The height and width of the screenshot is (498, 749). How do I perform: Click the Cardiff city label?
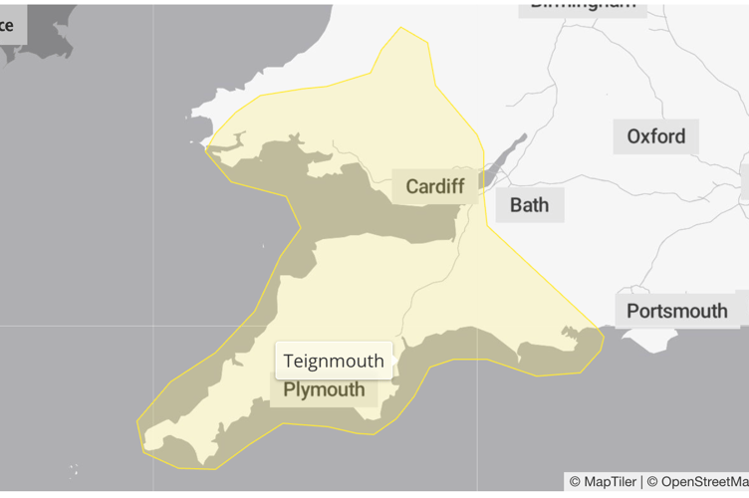tap(434, 186)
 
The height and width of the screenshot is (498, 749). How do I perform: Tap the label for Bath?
tap(529, 205)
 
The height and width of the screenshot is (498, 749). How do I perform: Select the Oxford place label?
tap(655, 135)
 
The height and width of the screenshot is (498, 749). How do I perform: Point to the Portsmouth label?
tap(676, 311)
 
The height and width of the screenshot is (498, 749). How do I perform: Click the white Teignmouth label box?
tap(334, 361)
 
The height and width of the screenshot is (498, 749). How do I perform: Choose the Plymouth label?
tap(324, 389)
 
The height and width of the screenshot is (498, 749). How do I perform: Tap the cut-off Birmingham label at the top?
tap(583, 5)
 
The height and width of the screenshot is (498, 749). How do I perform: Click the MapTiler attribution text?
tap(604, 482)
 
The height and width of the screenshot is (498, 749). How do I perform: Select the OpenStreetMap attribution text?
tap(697, 482)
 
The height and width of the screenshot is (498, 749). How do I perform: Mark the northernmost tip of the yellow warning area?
tap(400, 28)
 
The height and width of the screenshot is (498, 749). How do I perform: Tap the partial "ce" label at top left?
tap(9, 25)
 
